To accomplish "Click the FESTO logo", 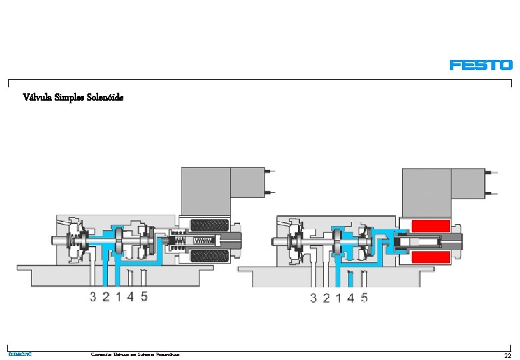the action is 481,65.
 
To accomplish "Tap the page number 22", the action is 507,356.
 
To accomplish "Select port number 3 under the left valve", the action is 93,297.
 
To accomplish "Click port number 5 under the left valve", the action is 144,297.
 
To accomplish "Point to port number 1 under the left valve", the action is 119,297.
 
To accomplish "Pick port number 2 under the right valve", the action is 326,298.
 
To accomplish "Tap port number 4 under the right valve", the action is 351,298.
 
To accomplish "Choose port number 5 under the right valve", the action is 364,298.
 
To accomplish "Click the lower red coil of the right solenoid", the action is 431,257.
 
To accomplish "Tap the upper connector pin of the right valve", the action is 492,172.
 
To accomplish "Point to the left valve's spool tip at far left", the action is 53,241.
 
